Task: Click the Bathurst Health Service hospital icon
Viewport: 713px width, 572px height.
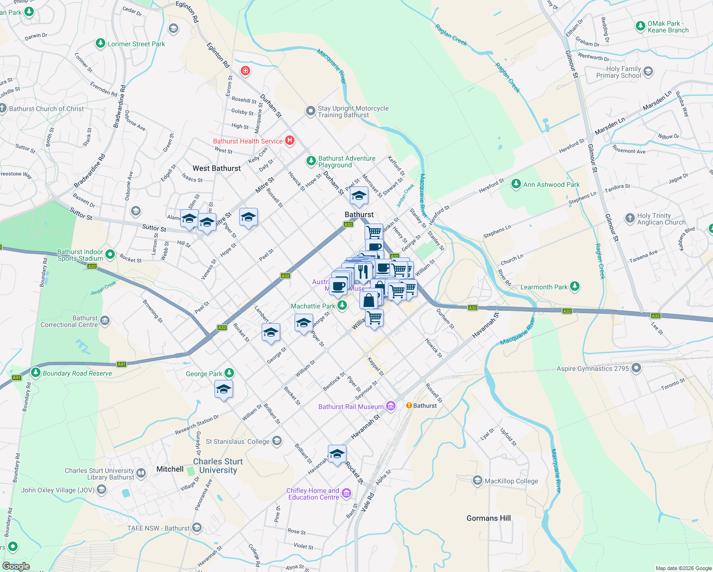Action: click(x=289, y=141)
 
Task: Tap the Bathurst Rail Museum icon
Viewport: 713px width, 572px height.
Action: click(x=391, y=406)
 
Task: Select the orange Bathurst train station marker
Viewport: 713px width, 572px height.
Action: click(x=409, y=406)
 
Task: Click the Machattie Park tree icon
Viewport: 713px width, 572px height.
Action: click(x=342, y=306)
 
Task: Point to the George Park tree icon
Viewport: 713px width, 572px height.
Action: click(x=229, y=373)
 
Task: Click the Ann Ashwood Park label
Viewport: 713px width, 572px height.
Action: click(x=551, y=184)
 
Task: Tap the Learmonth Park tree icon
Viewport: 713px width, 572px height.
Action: click(x=575, y=286)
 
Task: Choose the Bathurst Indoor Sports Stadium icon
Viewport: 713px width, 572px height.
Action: click(x=110, y=255)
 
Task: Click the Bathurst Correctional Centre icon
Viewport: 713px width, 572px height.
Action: click(x=105, y=321)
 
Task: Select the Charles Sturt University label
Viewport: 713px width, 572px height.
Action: click(x=218, y=466)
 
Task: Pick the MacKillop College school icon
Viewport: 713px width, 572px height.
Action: click(x=478, y=480)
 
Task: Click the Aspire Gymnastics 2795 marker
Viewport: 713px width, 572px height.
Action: click(x=636, y=368)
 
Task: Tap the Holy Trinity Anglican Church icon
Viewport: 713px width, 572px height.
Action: click(x=630, y=218)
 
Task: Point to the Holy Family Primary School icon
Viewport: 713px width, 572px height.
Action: click(x=648, y=72)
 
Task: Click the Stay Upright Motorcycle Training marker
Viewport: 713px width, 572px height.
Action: click(x=310, y=111)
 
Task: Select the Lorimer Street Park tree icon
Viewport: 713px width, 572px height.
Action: click(x=100, y=43)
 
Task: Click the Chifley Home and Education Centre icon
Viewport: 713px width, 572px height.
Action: click(x=346, y=493)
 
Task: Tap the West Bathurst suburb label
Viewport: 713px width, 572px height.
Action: click(x=216, y=168)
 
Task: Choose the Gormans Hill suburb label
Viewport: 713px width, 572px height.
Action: click(x=489, y=518)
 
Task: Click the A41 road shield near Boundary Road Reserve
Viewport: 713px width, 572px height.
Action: click(x=122, y=364)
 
